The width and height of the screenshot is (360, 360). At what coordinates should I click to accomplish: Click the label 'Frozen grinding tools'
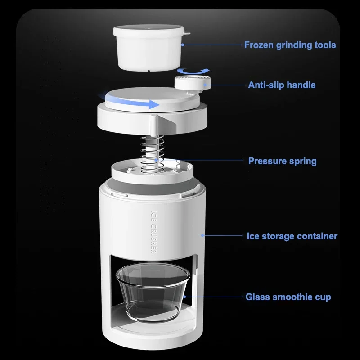click(290, 45)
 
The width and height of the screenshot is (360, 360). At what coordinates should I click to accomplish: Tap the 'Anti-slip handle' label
click(282, 85)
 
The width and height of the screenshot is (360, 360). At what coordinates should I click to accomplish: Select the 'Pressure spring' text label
click(283, 161)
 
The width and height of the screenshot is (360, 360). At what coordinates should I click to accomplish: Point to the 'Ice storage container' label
click(292, 236)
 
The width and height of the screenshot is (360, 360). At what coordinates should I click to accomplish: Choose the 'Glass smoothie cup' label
click(288, 297)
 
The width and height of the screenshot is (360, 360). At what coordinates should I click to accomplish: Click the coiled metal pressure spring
click(152, 154)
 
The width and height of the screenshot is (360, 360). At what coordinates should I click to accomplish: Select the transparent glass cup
click(153, 292)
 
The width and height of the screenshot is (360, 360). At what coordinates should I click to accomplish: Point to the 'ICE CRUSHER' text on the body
click(154, 232)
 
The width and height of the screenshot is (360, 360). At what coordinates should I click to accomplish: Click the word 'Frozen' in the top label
click(258, 45)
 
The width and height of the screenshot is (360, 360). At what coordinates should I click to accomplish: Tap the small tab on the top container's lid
click(187, 33)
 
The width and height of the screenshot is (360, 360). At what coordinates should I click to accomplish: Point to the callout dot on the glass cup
click(184, 297)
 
